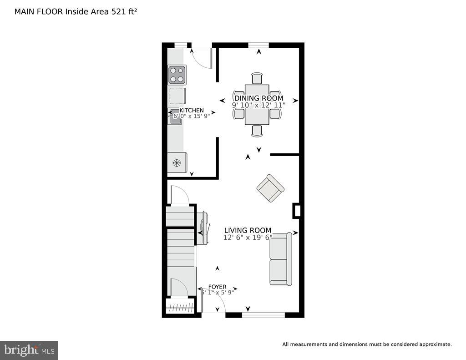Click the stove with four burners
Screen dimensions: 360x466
(x=177, y=75)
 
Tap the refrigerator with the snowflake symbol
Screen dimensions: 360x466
(x=177, y=162)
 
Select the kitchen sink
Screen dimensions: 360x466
(x=176, y=117)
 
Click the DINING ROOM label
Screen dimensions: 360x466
(x=258, y=98)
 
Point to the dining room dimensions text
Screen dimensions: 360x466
(x=258, y=105)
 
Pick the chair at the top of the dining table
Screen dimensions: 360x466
(x=257, y=78)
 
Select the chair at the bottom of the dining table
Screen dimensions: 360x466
(x=257, y=131)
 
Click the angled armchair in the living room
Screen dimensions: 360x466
(x=270, y=188)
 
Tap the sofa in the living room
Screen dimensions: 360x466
(x=280, y=259)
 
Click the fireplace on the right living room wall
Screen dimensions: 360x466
(x=297, y=211)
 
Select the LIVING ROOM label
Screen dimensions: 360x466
(x=248, y=230)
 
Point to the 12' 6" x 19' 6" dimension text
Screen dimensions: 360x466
(x=248, y=238)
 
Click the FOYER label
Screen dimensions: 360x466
(x=217, y=287)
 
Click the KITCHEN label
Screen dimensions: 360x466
(x=192, y=111)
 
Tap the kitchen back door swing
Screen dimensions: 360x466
(x=202, y=57)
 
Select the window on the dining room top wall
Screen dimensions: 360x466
(x=258, y=45)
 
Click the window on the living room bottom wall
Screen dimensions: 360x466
(x=263, y=314)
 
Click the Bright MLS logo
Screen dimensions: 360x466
(x=29, y=350)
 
